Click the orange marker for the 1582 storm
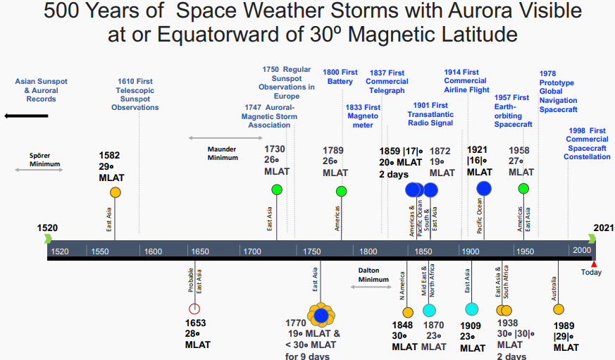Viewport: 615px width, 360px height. coord(116,192)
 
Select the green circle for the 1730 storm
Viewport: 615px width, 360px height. coord(277,190)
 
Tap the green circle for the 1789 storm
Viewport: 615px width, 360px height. coord(342,191)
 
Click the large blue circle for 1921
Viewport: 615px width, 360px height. coord(484,188)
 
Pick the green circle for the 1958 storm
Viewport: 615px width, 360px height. coord(523,188)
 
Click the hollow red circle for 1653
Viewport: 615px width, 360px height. coord(195,309)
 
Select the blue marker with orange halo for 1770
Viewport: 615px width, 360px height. coord(322,314)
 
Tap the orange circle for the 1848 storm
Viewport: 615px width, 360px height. coord(408,312)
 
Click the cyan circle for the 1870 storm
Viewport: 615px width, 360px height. coord(429,310)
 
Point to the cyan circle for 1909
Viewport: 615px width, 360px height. coord(472,309)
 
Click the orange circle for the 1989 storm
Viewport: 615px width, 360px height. coord(559,309)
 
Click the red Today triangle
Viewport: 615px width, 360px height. coord(594,264)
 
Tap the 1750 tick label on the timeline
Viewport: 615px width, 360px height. coord(311,251)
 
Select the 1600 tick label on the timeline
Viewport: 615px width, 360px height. coord(153,251)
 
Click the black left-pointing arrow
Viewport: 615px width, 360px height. coord(26,115)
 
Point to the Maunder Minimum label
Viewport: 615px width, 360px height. coord(222,153)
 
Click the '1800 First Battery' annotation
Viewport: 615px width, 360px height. coord(340,77)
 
